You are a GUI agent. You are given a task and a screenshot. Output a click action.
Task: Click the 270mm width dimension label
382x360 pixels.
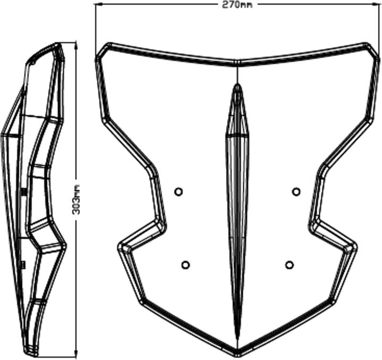tap(237, 5)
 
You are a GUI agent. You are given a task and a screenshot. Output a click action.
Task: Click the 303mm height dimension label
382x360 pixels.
tap(76, 199)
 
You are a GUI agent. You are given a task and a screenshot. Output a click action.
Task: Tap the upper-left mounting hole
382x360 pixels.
tap(179, 191)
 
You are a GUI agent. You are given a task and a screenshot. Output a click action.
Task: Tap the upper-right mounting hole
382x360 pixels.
tap(296, 192)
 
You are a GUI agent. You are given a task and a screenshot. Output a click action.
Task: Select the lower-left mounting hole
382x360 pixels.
tap(186, 264)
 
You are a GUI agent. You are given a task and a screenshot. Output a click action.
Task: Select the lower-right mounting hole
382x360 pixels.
tap(289, 265)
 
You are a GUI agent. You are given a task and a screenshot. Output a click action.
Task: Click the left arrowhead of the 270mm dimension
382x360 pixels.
tap(98, 4)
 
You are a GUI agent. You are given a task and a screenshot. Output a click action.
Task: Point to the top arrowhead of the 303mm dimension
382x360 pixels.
tap(76, 45)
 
